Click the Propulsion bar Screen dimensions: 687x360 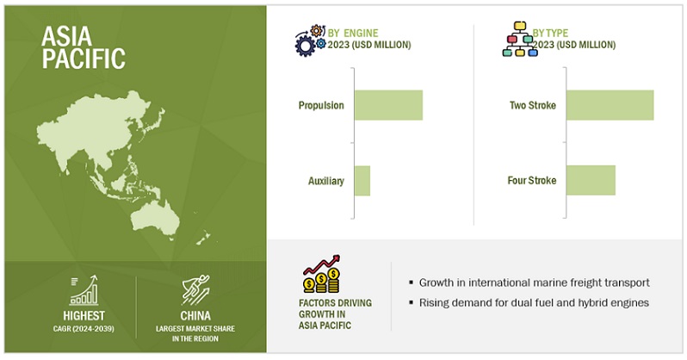pyautogui.click(x=388, y=105)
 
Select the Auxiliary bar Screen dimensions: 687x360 pyautogui.click(x=362, y=181)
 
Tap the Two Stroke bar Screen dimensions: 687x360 pyautogui.click(x=610, y=105)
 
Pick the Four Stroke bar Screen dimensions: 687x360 pyautogui.click(x=591, y=180)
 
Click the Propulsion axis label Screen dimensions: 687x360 pyautogui.click(x=321, y=105)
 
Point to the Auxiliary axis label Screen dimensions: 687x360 pyautogui.click(x=326, y=181)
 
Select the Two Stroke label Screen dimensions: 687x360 pyautogui.click(x=533, y=105)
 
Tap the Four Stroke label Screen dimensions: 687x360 pyautogui.click(x=532, y=180)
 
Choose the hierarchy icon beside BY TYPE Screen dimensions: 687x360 pyautogui.click(x=520, y=39)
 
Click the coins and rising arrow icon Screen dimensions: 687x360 pyautogui.click(x=322, y=274)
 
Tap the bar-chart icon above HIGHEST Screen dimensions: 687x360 pyautogui.click(x=84, y=290)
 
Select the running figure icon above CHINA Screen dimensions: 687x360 pyautogui.click(x=195, y=290)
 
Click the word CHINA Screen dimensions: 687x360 pyautogui.click(x=195, y=316)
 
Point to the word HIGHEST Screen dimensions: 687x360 pyautogui.click(x=84, y=316)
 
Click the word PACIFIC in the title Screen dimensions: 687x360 pyautogui.click(x=84, y=59)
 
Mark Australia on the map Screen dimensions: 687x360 pyautogui.click(x=156, y=220)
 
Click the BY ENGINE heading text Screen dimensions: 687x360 pyautogui.click(x=353, y=33)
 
